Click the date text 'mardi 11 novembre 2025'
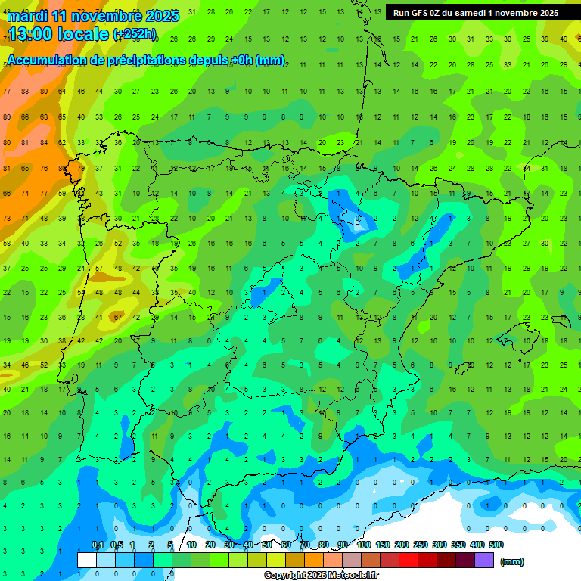(x=92, y=15)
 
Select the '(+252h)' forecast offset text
(x=135, y=34)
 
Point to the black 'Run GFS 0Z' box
(x=475, y=13)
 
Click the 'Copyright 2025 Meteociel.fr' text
(x=322, y=575)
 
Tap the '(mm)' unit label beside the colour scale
(x=512, y=561)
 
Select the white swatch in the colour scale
(x=86, y=561)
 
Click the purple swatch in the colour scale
(x=484, y=561)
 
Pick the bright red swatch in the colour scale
(x=409, y=561)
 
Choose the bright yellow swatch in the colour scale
(x=277, y=561)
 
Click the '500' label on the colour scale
(x=496, y=545)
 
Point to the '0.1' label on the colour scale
(x=97, y=545)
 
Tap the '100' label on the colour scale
(x=364, y=545)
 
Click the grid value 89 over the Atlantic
(x=7, y=117)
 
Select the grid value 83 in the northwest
(x=25, y=91)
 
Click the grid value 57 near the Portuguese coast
(x=99, y=269)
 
